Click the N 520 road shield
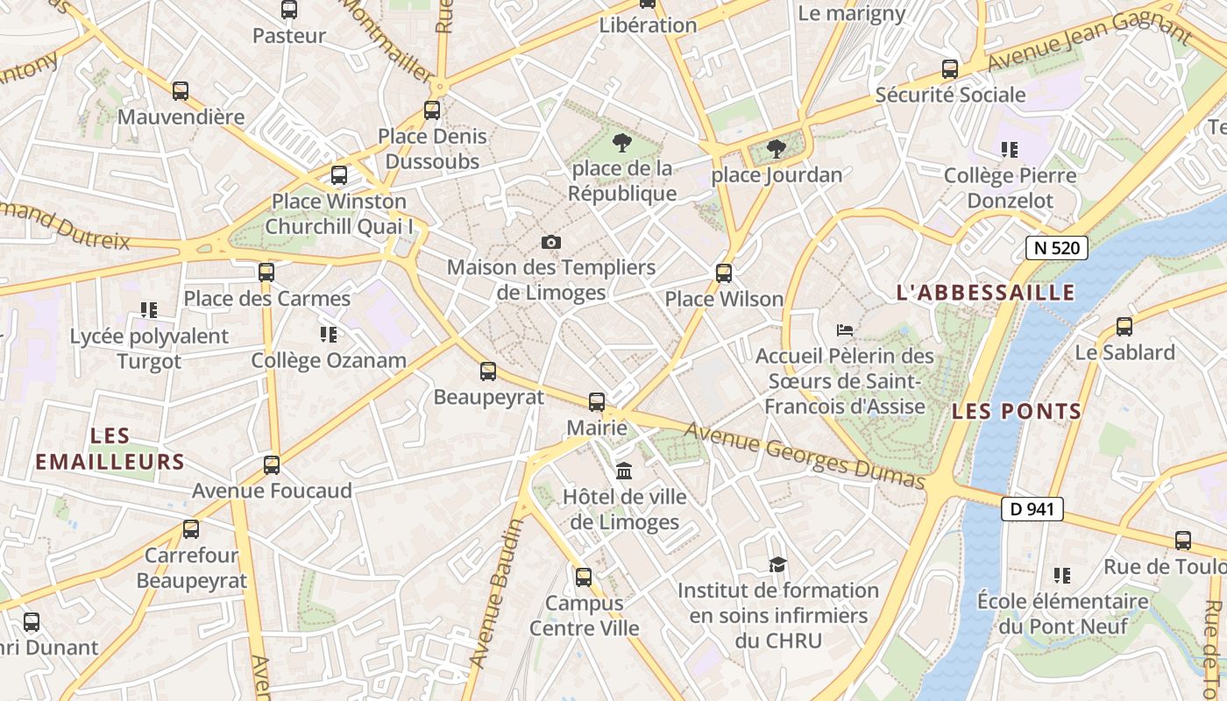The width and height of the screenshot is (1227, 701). pos(1057,248)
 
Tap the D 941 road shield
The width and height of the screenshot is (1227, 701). pos(1032,509)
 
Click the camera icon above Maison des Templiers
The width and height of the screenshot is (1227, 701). pos(551,242)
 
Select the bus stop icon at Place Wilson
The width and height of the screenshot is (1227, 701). pos(724,273)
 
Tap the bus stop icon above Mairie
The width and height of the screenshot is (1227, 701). pos(597,402)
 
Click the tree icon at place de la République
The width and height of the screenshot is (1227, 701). pos(622,142)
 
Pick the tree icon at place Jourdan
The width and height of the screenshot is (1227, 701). pos(776,149)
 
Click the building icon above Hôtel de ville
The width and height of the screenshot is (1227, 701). pos(624,471)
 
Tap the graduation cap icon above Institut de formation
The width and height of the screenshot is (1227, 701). pos(777,564)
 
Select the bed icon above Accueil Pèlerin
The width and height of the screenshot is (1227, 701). pos(845,330)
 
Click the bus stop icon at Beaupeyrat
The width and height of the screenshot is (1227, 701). pos(488,372)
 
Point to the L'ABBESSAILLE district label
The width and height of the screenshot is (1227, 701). pos(986,293)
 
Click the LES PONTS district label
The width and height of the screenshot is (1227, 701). pos(1017,411)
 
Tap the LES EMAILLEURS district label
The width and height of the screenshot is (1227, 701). pos(110,449)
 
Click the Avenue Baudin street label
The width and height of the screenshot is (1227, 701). pos(496,592)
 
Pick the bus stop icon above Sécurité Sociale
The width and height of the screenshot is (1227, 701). pos(950,69)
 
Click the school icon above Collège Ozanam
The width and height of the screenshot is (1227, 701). pos(329,334)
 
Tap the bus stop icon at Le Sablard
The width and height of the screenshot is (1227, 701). pos(1124,327)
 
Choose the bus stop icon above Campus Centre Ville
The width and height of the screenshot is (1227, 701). pos(584,577)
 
